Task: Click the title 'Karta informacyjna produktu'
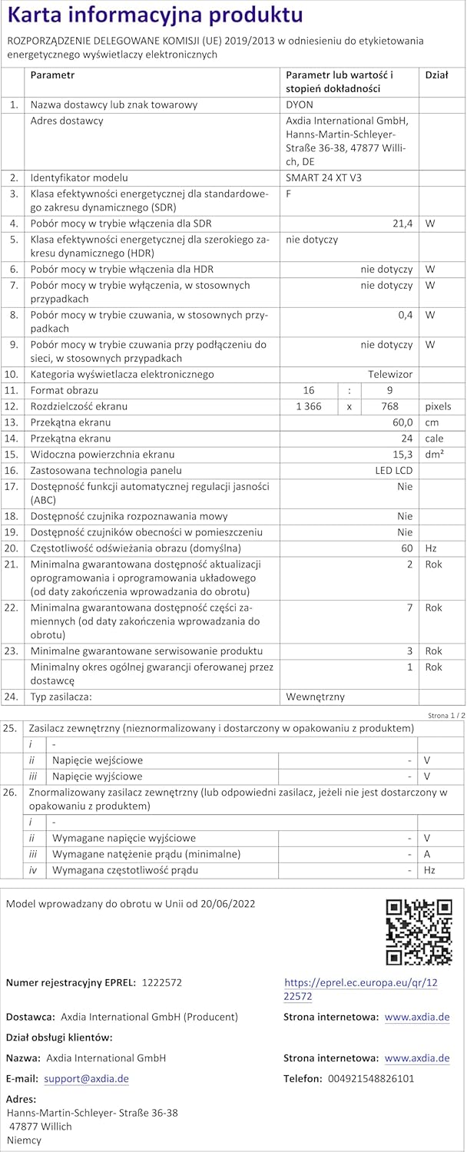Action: coord(156,16)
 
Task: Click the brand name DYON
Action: coord(300,104)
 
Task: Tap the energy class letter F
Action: coord(289,194)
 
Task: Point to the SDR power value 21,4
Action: coord(402,223)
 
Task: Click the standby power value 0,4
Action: coord(405,315)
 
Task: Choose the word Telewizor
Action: coord(390,375)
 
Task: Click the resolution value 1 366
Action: coord(308,406)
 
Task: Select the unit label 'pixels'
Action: coord(439,406)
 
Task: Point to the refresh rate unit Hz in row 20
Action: coord(431,548)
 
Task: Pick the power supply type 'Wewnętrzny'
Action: coord(315,697)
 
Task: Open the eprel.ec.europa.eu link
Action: coord(360,990)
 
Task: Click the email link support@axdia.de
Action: coord(86,1079)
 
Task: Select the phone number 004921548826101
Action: coord(370,1079)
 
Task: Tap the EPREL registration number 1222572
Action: coord(162,983)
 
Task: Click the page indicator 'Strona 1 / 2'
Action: coord(446,715)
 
